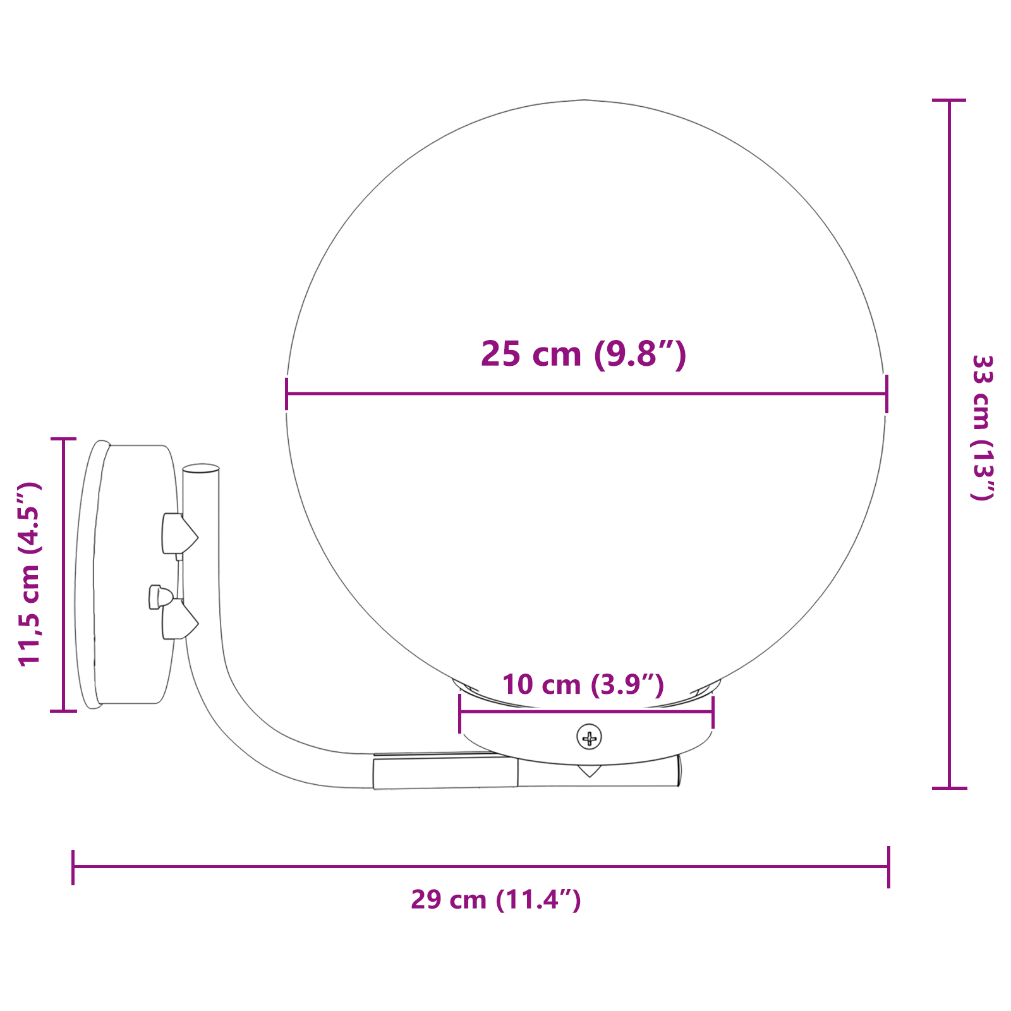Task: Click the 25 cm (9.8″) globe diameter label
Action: [x=583, y=354]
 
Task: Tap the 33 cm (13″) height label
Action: [x=982, y=428]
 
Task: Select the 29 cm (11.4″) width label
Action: [x=495, y=899]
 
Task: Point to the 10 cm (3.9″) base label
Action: [x=583, y=684]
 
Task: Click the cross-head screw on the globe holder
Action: [x=589, y=737]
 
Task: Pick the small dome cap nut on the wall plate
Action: [x=160, y=596]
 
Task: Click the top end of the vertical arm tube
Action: [x=201, y=469]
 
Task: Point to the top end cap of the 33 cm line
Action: [x=949, y=100]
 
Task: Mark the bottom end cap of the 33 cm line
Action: [x=949, y=788]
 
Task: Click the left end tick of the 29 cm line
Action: [x=73, y=867]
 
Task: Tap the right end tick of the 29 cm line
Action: [x=888, y=867]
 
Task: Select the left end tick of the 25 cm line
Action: [x=287, y=394]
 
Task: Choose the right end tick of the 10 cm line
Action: [x=713, y=712]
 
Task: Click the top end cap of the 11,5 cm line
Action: [x=63, y=439]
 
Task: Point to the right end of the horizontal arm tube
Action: [x=679, y=771]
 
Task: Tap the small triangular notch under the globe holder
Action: [x=589, y=770]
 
